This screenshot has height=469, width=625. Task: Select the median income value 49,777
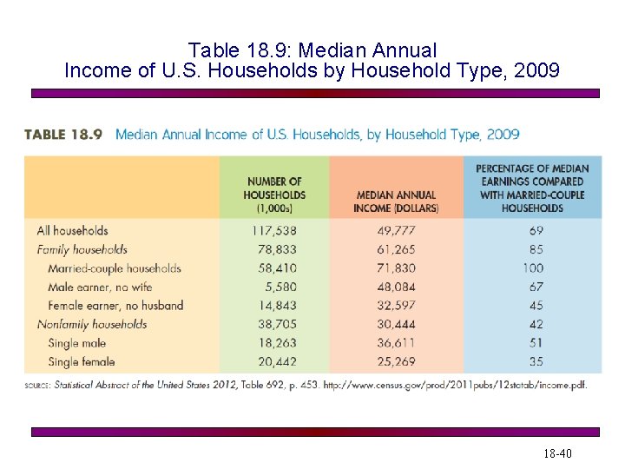tap(397, 231)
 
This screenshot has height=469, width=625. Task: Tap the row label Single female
tap(82, 361)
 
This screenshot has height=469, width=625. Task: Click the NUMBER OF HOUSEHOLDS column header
tap(274, 195)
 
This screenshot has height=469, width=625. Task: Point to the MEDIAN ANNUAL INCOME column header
tap(396, 201)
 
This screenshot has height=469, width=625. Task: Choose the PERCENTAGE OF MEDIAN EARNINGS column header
tap(532, 188)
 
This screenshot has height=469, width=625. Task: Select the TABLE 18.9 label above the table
tap(63, 135)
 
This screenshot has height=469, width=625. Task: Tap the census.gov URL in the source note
tap(455, 385)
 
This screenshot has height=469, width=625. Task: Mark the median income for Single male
tap(397, 343)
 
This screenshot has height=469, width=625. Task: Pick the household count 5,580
tap(278, 287)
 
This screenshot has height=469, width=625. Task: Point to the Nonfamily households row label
tap(92, 324)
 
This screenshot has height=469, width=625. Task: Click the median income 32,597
tap(397, 306)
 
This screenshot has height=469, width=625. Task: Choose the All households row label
tap(73, 231)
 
